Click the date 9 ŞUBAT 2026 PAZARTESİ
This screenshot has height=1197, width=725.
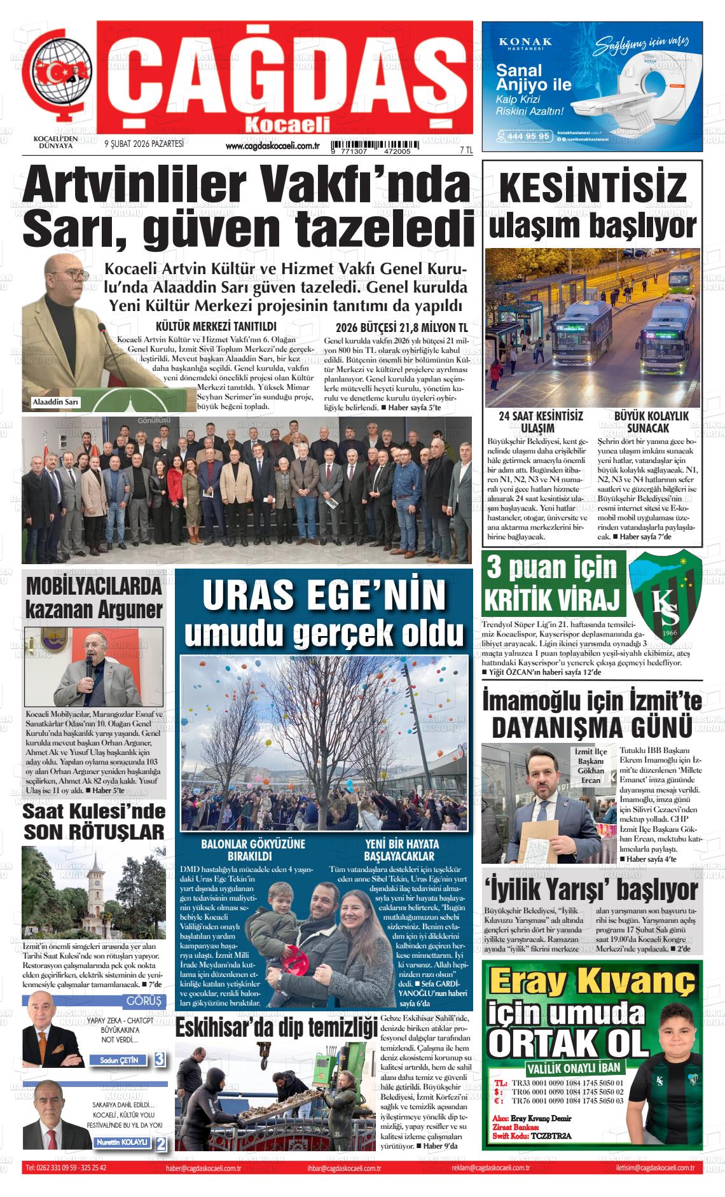144,144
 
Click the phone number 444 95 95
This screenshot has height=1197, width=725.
525,135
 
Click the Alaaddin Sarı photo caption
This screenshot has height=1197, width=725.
55,402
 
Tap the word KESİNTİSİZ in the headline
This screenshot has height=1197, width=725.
593,188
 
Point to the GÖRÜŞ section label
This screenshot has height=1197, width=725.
144,1001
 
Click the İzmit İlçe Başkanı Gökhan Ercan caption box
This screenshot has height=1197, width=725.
590,766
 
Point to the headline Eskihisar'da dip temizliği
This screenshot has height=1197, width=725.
276,1028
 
